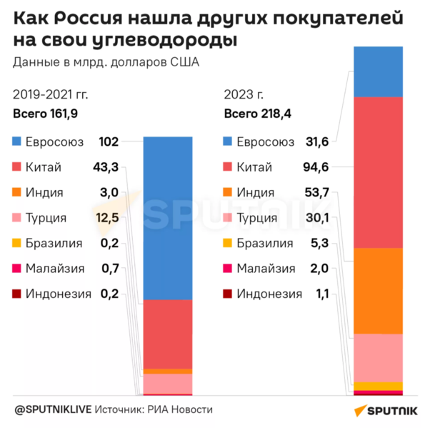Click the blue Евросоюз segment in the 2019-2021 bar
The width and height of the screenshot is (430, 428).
coord(168,218)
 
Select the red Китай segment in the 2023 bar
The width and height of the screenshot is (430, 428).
coord(379,171)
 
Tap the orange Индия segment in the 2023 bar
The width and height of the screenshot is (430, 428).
coord(379,290)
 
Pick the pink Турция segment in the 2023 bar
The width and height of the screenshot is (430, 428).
coord(379,357)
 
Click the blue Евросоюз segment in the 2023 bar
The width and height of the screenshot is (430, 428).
coord(379,71)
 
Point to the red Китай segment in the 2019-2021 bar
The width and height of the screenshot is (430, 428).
coord(168,334)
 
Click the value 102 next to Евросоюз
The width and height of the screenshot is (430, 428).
coord(108,142)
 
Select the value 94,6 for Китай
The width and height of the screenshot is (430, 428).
coord(314,167)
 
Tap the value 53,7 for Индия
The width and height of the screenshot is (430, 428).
coord(314,193)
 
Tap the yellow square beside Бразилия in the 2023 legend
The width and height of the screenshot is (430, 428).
coord(228,244)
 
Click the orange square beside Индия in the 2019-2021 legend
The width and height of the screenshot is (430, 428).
coord(17,193)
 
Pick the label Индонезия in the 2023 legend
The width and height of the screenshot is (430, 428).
coord(269,294)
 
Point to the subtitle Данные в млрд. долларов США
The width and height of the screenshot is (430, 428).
coord(106,61)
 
